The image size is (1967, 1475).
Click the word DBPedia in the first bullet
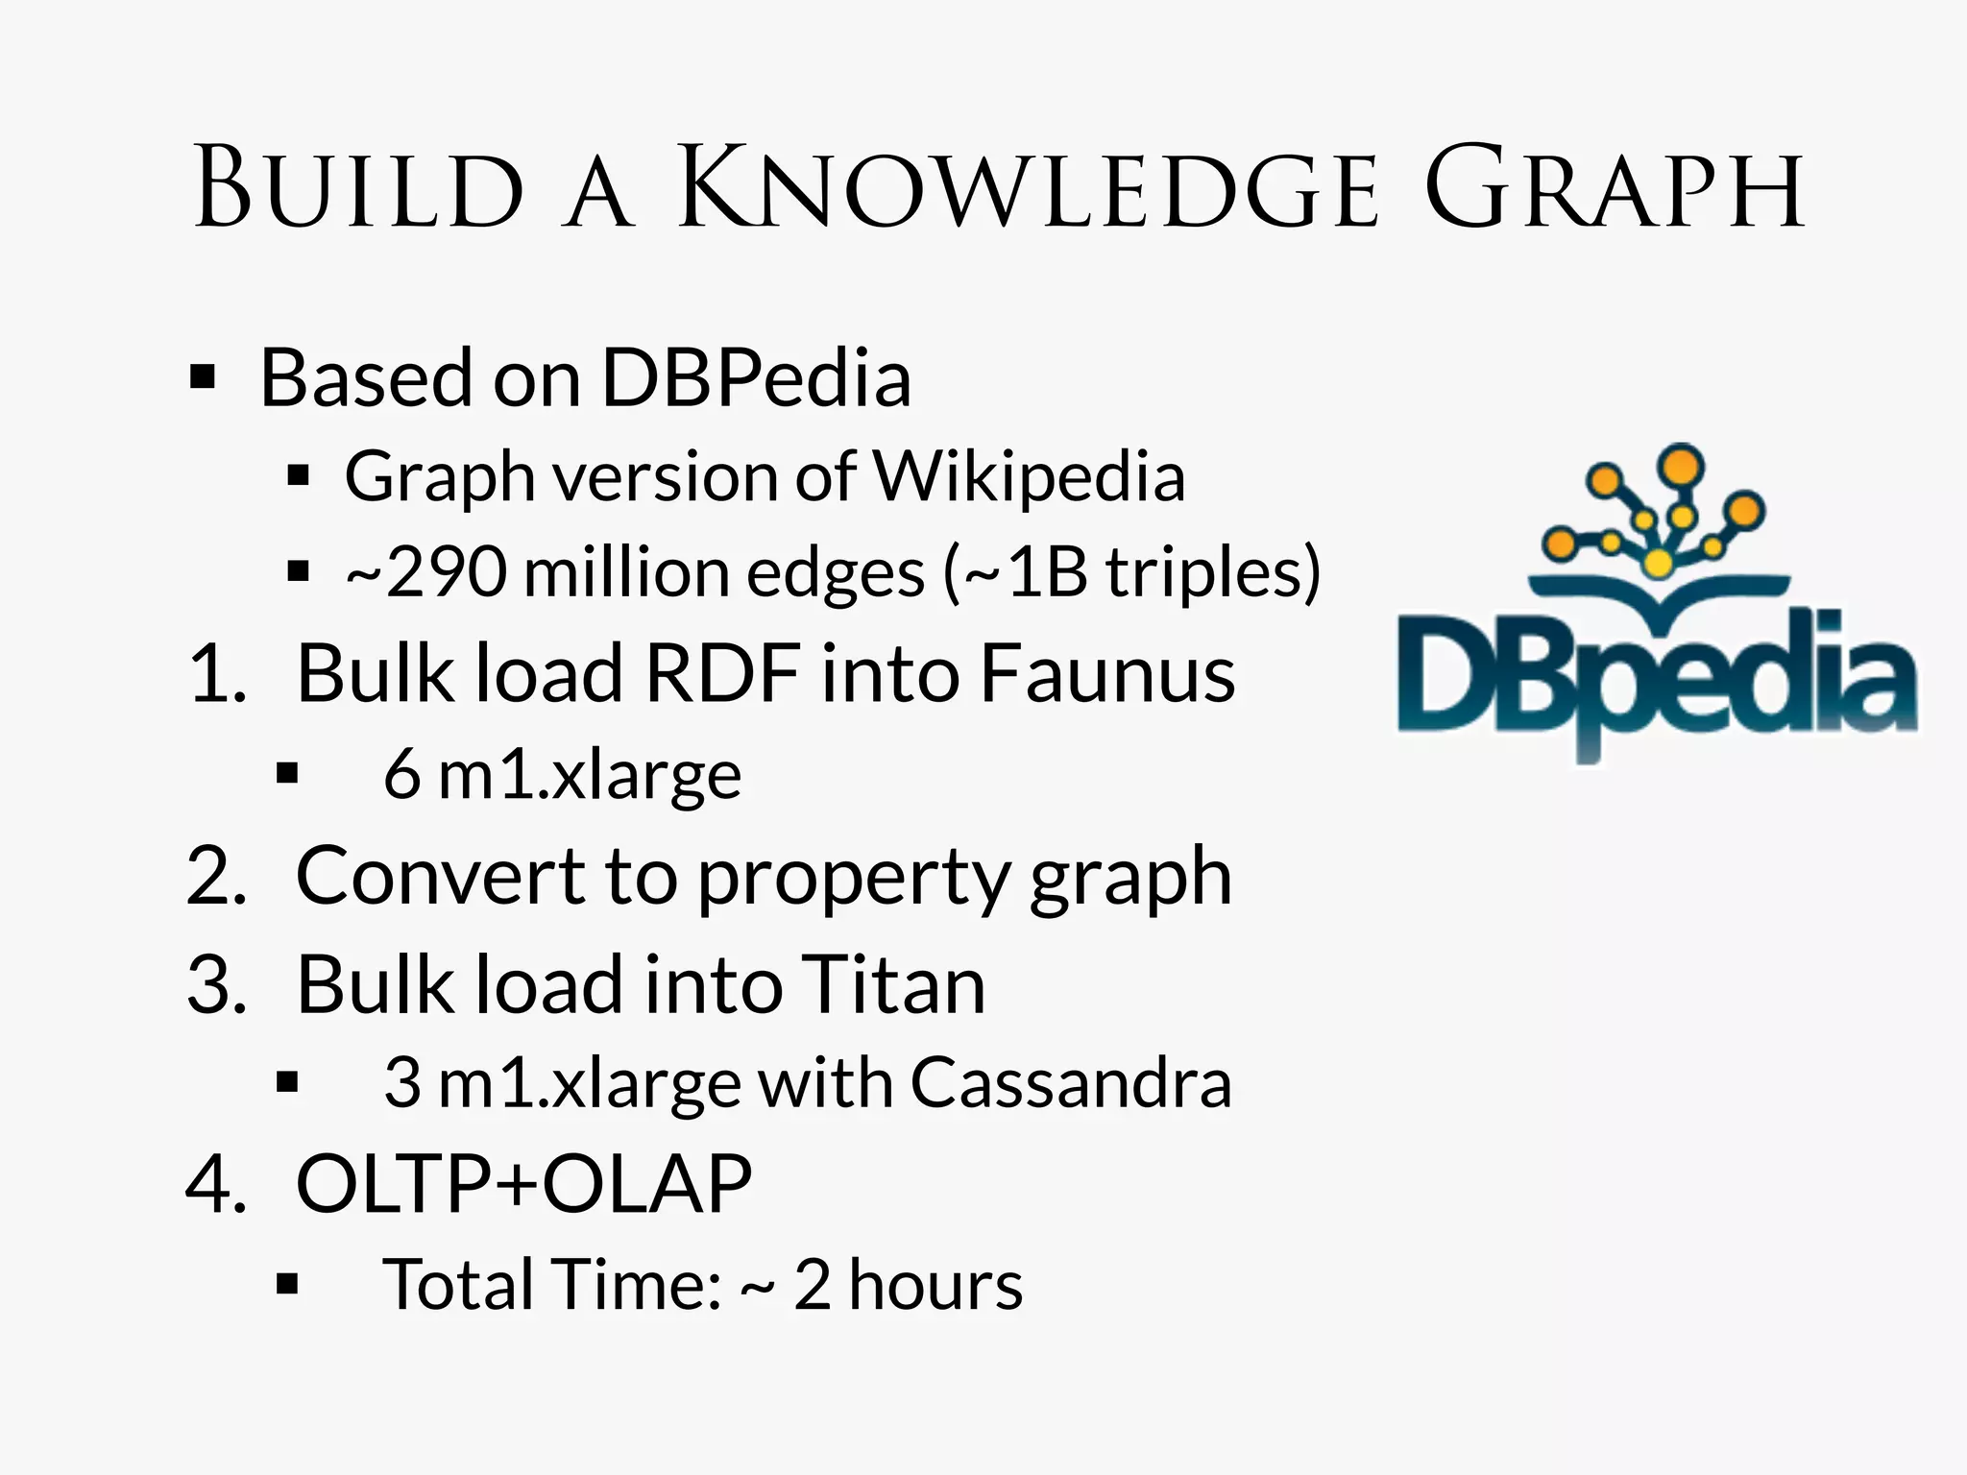(756, 378)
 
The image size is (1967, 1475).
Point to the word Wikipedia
(1028, 476)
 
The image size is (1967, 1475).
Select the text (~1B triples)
(1133, 573)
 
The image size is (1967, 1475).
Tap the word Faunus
(1106, 674)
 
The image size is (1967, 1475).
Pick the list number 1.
(217, 674)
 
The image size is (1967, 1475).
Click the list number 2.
(217, 876)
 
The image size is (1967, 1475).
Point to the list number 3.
(217, 985)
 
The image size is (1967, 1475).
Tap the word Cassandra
(1070, 1083)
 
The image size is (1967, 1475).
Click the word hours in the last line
(935, 1285)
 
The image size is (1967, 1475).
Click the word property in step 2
(854, 878)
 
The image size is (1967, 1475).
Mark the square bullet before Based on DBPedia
(203, 377)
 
